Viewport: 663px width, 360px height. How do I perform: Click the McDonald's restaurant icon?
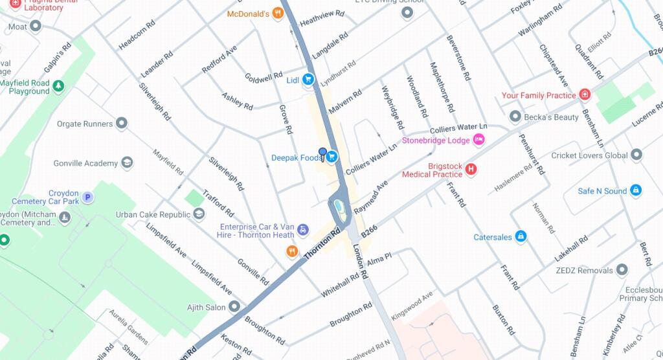(x=278, y=13)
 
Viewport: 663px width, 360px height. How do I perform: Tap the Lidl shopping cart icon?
(x=308, y=80)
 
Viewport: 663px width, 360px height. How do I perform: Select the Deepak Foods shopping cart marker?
(x=331, y=157)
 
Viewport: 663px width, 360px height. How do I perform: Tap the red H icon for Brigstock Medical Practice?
(x=471, y=170)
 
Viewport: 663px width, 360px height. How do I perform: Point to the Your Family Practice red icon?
(x=585, y=95)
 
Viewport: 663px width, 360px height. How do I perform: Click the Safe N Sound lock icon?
(x=636, y=190)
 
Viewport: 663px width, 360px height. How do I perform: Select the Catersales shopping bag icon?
(x=520, y=237)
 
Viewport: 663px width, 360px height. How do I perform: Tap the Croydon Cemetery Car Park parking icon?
(x=87, y=197)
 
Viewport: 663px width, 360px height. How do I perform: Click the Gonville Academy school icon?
(x=128, y=163)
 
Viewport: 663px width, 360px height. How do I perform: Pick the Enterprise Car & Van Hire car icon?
(x=302, y=230)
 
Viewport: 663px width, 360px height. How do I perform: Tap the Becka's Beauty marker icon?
(x=515, y=117)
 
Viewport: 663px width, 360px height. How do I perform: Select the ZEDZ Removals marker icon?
(x=622, y=270)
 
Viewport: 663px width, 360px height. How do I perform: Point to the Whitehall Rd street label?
(x=340, y=285)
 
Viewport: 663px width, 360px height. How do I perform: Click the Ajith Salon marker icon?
(x=234, y=306)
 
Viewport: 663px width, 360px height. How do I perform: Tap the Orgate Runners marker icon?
(x=121, y=124)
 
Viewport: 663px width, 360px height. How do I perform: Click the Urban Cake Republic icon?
(x=199, y=214)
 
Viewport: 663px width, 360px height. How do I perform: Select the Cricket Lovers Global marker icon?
(x=636, y=155)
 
